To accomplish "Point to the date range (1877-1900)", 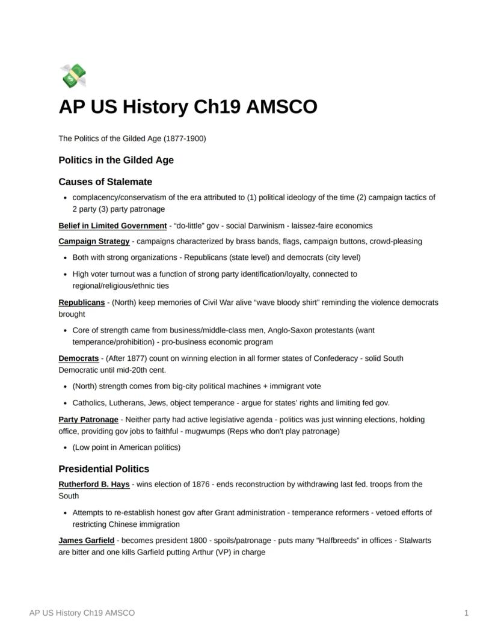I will pos(184,139).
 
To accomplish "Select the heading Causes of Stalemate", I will pos(105,182).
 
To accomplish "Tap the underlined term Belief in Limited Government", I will pos(112,226).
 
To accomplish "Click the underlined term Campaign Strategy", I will pos(94,242).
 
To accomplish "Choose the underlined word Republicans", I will pos(81,302).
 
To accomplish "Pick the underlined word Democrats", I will pos(78,358).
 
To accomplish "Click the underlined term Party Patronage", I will pos(88,420).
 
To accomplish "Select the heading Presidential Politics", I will pos(103,469).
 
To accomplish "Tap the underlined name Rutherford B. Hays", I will pos(94,484).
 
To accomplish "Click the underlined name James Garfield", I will pos(86,541).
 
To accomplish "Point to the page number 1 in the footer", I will pos(466,613).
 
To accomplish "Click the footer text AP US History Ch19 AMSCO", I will pos(82,613).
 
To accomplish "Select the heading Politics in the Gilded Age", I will pos(116,160).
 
